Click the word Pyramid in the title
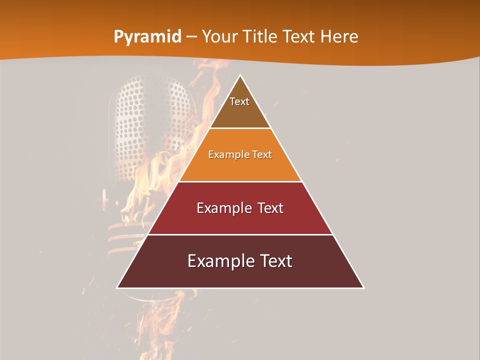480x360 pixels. (x=147, y=37)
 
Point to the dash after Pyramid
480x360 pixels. (x=191, y=37)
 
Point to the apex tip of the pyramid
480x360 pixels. (x=240, y=76)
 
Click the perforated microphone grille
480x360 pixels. (x=150, y=120)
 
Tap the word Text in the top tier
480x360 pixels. (x=239, y=101)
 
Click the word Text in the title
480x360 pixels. (x=300, y=37)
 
